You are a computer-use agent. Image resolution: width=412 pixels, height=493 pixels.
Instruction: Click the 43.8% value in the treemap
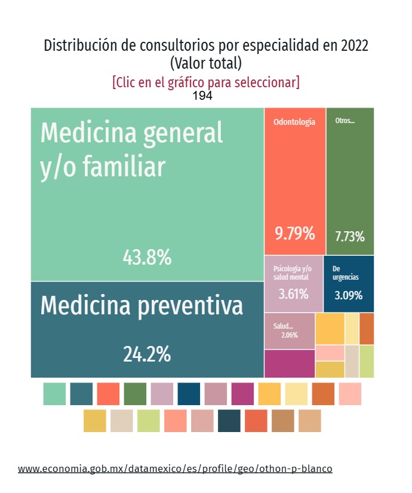click(x=147, y=258)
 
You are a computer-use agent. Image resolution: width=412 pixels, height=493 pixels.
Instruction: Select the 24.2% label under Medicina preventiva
click(x=147, y=354)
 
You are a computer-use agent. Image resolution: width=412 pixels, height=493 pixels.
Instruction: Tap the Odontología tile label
click(x=294, y=122)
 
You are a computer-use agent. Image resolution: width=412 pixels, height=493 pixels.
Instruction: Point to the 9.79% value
click(x=294, y=233)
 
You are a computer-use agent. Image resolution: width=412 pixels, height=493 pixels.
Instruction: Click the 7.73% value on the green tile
click(x=350, y=236)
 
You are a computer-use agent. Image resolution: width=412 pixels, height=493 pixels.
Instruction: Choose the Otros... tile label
click(x=345, y=121)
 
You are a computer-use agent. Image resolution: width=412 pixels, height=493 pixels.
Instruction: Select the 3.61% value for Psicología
click(x=293, y=294)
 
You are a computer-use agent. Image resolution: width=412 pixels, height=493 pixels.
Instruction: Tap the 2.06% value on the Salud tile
click(x=290, y=335)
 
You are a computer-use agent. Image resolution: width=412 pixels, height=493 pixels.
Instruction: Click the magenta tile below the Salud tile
click(x=290, y=363)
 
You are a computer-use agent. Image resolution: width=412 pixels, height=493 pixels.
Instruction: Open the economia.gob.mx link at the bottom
click(x=175, y=468)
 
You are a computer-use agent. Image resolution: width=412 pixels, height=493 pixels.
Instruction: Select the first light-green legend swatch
click(x=54, y=394)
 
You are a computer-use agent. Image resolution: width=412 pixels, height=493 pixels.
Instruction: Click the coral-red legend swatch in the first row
click(x=108, y=394)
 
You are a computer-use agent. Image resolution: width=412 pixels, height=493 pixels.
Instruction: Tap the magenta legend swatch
click(x=242, y=394)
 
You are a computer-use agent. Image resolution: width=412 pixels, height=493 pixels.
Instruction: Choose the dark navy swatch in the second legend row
click(x=229, y=421)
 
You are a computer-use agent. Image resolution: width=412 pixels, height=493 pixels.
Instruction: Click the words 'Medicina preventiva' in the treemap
click(x=142, y=306)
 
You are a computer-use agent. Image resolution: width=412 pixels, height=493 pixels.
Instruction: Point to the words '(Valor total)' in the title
click(x=206, y=62)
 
